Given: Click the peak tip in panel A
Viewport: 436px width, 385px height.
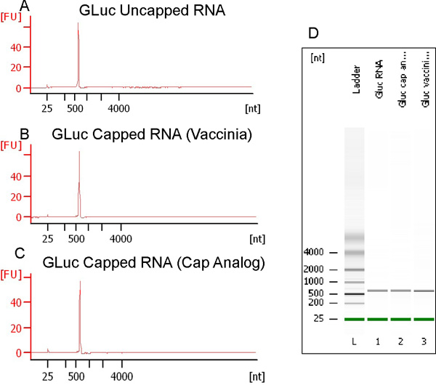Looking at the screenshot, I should (x=78, y=23).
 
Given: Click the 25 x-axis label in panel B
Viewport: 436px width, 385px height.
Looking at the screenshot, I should (x=47, y=238).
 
